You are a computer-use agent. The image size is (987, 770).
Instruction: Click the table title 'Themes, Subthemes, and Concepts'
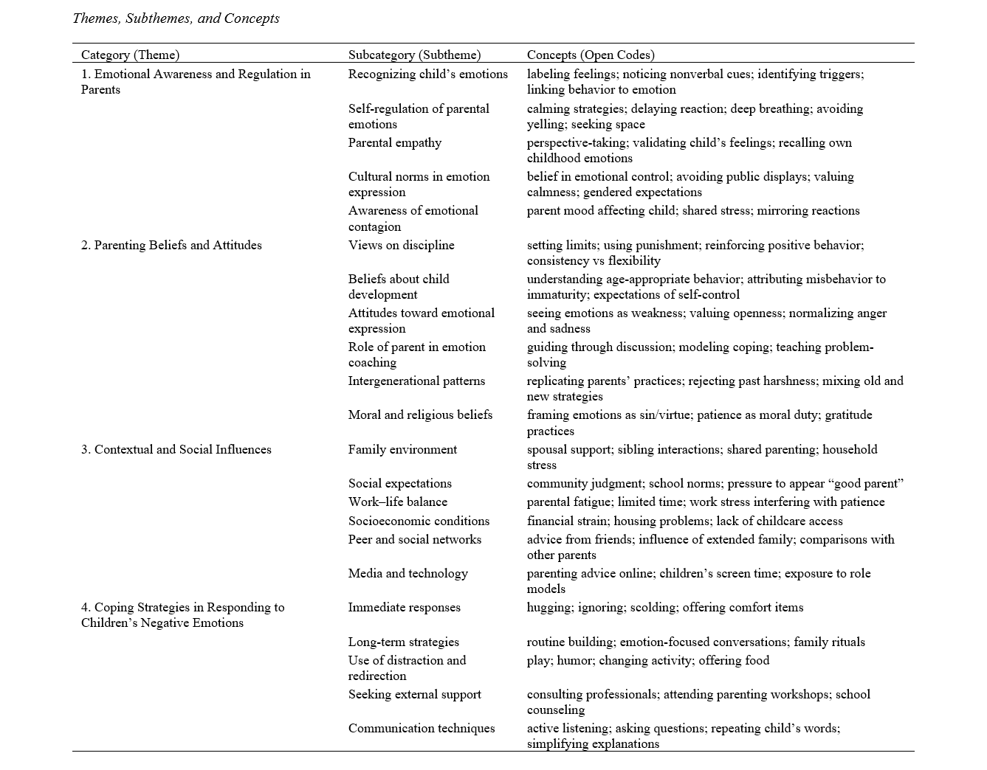point(176,18)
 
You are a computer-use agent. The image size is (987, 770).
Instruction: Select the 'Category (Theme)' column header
point(130,55)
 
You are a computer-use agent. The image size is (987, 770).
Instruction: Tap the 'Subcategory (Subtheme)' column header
point(414,55)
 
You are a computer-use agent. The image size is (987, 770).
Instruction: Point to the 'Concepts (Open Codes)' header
point(591,55)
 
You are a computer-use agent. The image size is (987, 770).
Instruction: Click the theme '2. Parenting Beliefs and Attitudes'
point(171,246)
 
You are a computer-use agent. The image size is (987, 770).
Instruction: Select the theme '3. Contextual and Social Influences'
point(176,450)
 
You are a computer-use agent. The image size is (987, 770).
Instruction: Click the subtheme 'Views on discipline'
point(402,246)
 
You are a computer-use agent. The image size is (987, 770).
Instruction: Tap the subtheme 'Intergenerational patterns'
point(417,381)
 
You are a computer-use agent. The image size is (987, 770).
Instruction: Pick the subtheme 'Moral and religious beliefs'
point(420,415)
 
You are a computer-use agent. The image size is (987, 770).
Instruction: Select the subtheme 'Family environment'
point(402,450)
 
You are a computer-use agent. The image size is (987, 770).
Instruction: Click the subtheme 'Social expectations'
point(400,484)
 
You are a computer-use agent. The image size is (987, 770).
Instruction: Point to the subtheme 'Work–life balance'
point(398,502)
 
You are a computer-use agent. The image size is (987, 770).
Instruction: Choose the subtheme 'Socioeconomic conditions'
point(419,521)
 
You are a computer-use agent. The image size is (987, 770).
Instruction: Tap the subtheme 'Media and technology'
point(408,574)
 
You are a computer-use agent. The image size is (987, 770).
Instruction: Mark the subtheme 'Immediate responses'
point(405,608)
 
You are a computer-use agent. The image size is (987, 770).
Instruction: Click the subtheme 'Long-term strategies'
point(404,642)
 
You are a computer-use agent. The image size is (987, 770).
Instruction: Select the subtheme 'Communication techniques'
point(422,729)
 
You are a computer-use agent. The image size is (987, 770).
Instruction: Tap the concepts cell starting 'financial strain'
point(684,521)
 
